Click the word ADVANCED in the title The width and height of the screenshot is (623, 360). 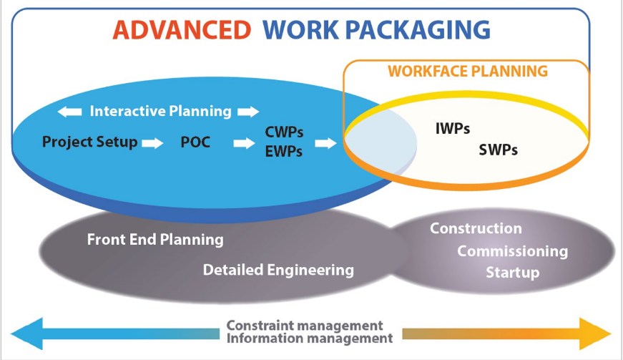click(x=182, y=30)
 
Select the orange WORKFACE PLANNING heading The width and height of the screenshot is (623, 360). click(x=468, y=72)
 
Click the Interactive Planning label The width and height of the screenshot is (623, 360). click(x=160, y=111)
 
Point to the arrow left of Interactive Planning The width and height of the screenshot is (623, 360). click(x=69, y=112)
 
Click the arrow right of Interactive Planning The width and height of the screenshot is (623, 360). click(x=248, y=112)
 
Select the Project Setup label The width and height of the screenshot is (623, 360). click(x=89, y=142)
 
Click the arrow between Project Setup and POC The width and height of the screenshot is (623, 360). click(x=152, y=143)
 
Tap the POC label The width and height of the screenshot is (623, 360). click(x=195, y=142)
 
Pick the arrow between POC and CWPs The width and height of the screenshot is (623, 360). click(x=244, y=143)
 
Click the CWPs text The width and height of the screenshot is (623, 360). click(x=284, y=133)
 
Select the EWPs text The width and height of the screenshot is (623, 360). click(x=284, y=152)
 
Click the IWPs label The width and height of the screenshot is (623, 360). click(x=453, y=130)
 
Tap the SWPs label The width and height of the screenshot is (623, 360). click(x=498, y=150)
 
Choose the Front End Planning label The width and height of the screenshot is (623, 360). click(x=155, y=240)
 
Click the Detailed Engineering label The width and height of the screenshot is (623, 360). click(x=278, y=270)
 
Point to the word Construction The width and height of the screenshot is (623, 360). click(x=476, y=229)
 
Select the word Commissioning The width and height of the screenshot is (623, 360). click(x=512, y=251)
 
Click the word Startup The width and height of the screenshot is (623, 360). click(x=512, y=273)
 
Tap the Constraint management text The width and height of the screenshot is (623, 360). click(x=305, y=326)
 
